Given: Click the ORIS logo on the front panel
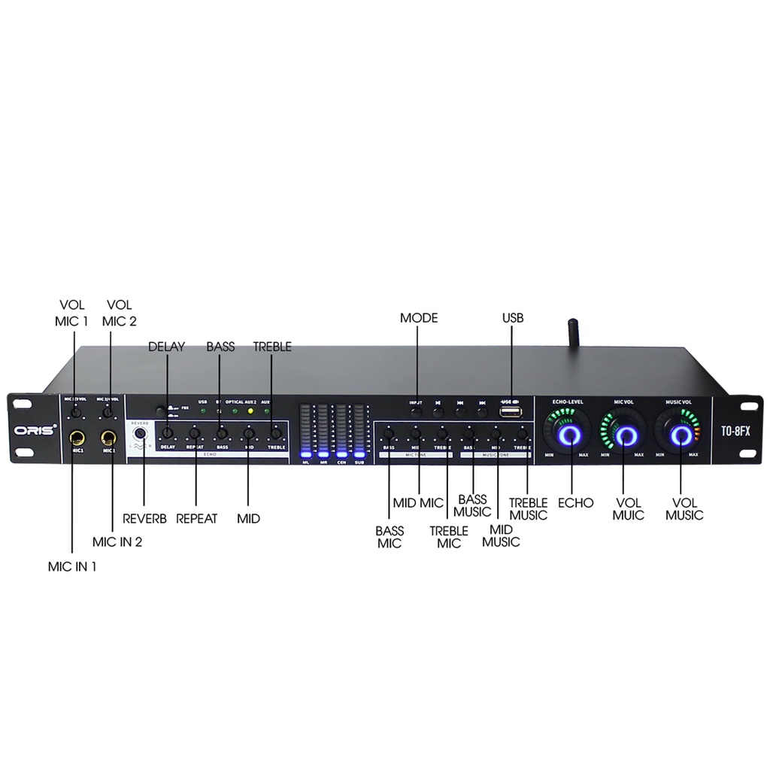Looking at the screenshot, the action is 33,433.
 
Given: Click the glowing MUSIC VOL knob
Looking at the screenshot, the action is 681,435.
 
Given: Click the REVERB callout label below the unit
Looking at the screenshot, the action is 145,519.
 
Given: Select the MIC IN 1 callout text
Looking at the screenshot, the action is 72,567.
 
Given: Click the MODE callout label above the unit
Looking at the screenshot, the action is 419,318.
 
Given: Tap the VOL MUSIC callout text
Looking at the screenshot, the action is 683,509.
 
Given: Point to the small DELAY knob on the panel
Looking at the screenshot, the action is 168,433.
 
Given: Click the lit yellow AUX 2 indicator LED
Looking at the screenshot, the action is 250,411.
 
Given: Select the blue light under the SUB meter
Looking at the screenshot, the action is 359,454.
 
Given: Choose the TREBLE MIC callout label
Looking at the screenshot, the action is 449,537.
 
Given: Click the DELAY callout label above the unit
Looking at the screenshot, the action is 166,347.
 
